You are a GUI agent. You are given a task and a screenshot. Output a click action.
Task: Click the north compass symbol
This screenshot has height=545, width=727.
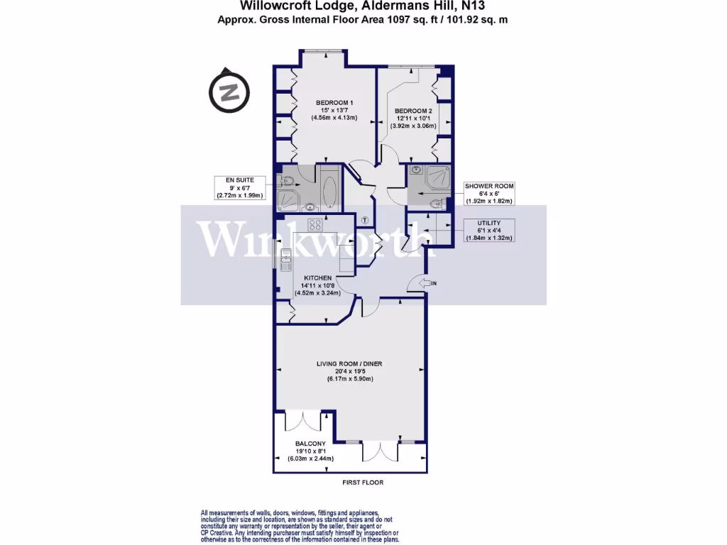228,92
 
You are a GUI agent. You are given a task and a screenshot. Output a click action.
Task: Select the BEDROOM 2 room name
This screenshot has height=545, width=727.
412,111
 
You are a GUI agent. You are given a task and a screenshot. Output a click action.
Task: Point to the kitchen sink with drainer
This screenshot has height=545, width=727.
285,262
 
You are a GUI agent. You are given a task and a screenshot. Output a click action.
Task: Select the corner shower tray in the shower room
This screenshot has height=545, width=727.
433,177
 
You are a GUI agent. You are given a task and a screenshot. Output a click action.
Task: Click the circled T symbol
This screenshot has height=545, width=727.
365,219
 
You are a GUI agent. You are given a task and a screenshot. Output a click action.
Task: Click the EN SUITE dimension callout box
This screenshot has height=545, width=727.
241,188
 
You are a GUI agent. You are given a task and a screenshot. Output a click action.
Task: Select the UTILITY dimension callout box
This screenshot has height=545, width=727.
488,230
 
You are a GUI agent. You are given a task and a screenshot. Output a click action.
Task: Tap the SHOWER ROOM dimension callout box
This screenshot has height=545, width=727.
488,193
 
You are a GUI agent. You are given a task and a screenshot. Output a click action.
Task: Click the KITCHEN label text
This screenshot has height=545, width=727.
318,277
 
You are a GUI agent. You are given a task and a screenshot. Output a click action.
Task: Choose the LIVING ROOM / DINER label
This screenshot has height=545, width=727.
349,364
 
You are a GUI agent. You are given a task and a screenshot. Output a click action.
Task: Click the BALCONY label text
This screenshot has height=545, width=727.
310,444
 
